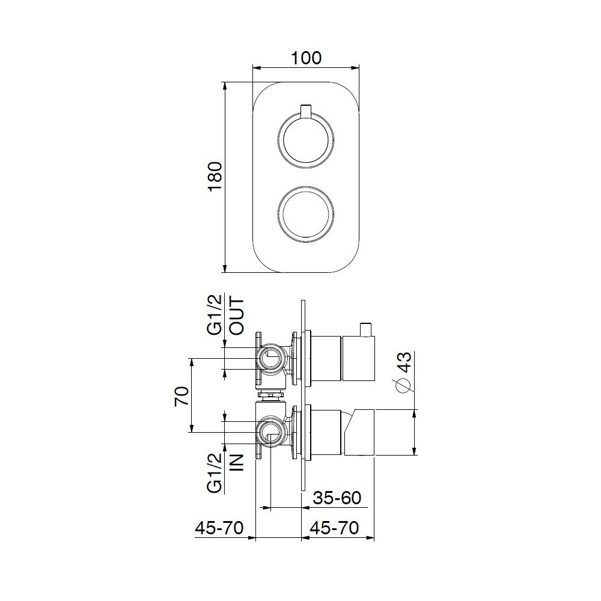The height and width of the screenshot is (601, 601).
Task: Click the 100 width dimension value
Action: tap(306, 58)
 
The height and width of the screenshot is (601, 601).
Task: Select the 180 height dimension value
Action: tap(215, 177)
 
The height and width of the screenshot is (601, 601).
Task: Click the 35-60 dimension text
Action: tap(338, 498)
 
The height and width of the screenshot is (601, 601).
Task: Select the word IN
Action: tap(237, 462)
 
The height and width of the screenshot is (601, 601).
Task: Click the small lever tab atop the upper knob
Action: tap(306, 111)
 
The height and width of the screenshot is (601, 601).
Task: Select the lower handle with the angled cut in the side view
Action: tap(359, 432)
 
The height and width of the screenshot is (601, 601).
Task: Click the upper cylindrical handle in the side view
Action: tap(358, 359)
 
